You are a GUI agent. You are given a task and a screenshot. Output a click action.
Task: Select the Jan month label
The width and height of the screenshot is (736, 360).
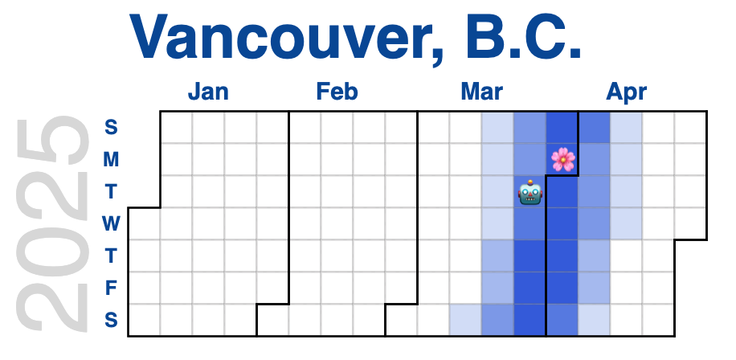[x=208, y=92]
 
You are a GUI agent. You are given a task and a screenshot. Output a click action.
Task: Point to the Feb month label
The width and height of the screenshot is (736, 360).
[x=337, y=92]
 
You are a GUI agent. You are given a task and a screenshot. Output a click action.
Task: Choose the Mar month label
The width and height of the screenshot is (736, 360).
[x=481, y=92]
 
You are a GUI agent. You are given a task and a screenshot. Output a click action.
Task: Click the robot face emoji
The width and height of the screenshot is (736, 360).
[x=530, y=192]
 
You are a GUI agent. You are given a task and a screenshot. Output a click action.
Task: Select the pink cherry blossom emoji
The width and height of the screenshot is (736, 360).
[x=562, y=160]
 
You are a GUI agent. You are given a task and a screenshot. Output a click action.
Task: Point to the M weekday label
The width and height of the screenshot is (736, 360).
[x=111, y=160]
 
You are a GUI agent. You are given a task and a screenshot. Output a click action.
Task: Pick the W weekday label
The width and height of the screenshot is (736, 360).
[x=111, y=224]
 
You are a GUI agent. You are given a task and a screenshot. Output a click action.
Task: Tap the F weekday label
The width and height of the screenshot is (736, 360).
[x=110, y=288]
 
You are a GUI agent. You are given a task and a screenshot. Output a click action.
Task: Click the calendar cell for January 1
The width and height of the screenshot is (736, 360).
[x=144, y=224]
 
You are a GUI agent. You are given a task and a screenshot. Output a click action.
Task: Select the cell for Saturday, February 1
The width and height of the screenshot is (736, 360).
[x=272, y=320]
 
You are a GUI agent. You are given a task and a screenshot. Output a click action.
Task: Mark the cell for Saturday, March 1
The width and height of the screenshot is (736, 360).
[x=401, y=320]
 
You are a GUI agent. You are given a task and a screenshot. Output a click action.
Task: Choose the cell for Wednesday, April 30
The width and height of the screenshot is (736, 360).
[x=690, y=224]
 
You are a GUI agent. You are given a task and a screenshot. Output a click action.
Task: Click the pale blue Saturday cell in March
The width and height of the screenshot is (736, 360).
[x=466, y=320]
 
